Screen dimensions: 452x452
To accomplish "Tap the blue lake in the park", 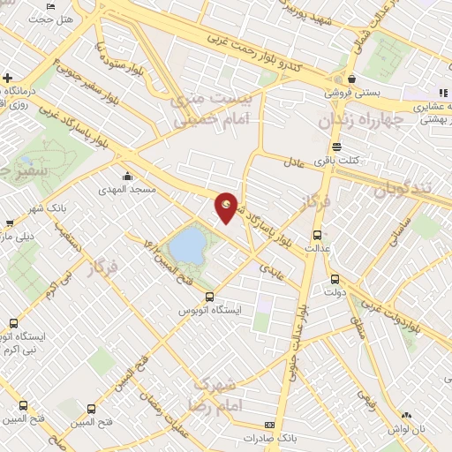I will pos(186,245).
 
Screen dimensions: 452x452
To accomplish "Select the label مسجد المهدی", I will pos(131,189).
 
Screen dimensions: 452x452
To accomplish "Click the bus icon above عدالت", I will pos(318,234).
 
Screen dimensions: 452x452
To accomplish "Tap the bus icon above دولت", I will pos(334,279).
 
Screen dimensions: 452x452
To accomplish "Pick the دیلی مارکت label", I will pos(16,237).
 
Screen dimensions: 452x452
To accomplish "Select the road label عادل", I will pos(294,162).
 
